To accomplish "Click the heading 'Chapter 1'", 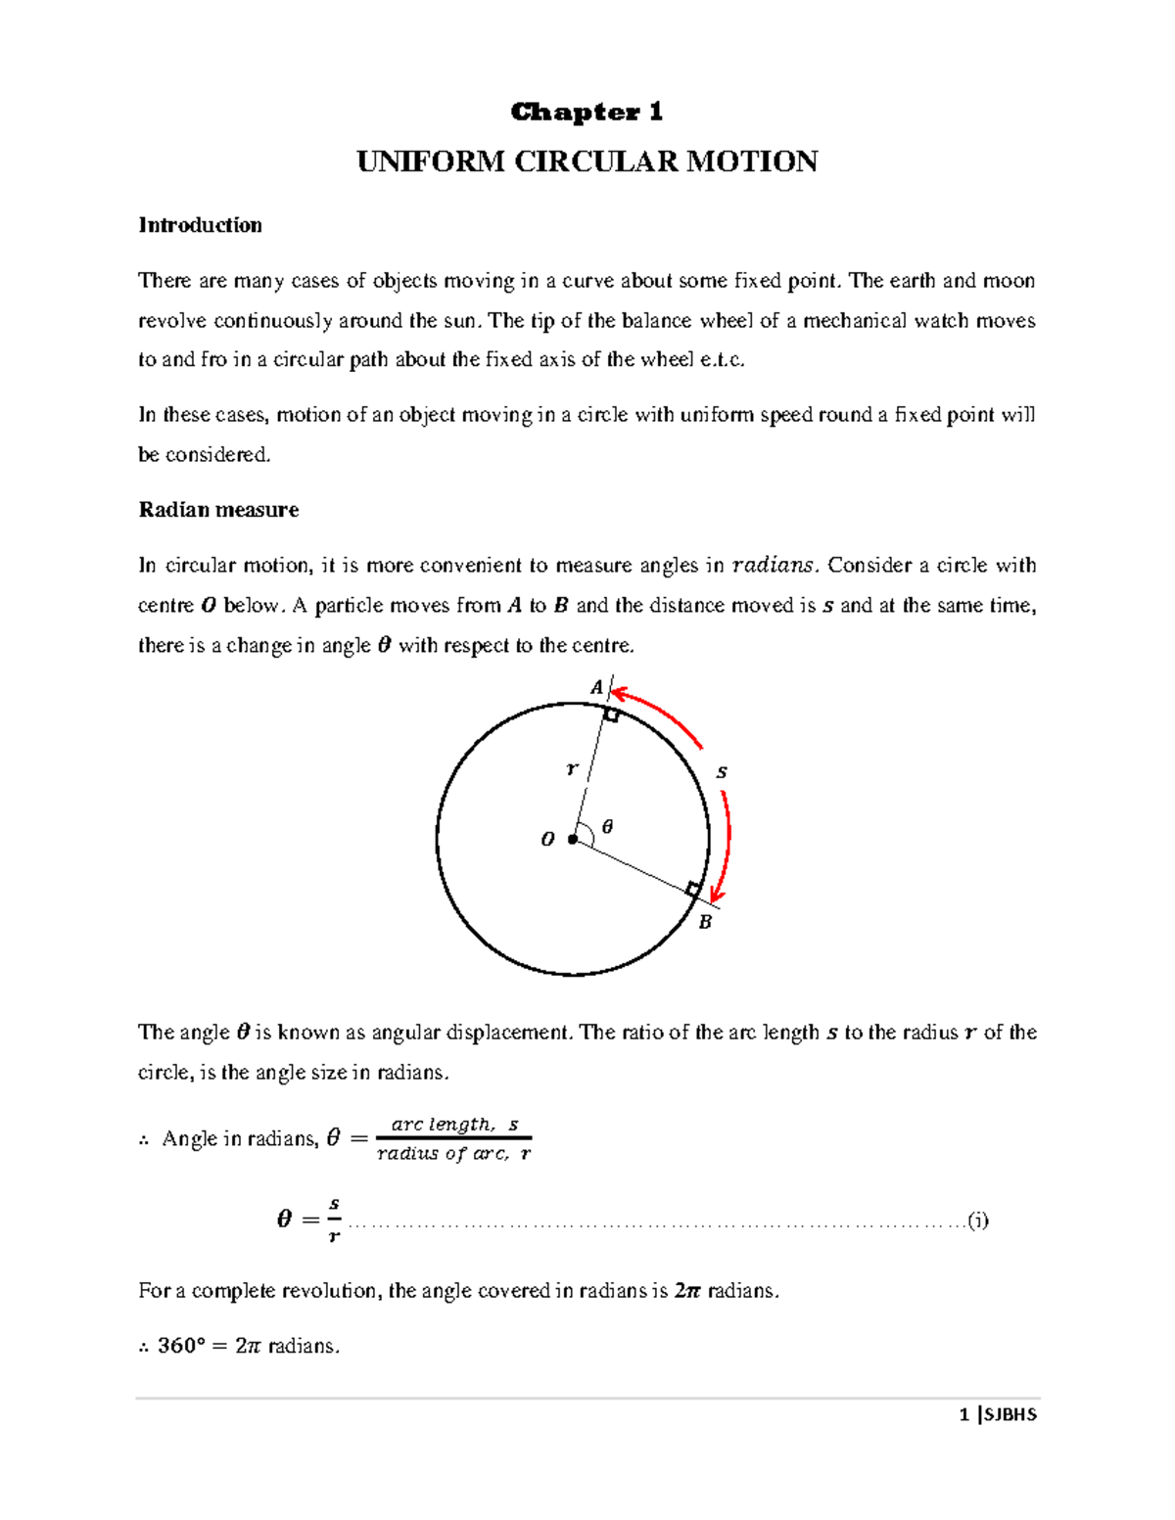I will (587, 113).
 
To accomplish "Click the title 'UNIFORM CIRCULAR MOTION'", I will (587, 161).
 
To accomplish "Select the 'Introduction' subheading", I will (200, 225).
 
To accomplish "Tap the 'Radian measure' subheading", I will (218, 510).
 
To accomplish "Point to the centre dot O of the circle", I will (573, 839).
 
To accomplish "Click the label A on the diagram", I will (595, 688).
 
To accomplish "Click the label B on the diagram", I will (704, 922).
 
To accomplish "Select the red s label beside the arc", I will (722, 772).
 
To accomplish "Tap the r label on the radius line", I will (572, 769).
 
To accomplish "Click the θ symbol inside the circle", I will (607, 827).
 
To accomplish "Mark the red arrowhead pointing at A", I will (619, 693).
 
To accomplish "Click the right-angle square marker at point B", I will (693, 889).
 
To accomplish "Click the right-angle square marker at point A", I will (611, 715).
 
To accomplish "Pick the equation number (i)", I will (977, 1221).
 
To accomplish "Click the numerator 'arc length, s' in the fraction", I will (454, 1125).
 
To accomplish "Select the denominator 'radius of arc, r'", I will (454, 1154).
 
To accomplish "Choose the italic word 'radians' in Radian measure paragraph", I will (773, 566).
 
